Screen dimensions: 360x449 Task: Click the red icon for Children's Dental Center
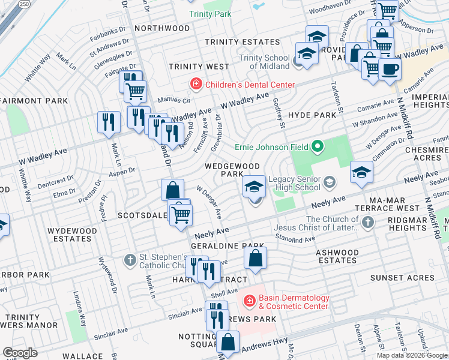click(x=195, y=85)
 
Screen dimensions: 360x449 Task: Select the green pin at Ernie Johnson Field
click(x=318, y=146)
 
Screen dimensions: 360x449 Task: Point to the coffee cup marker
click(x=389, y=69)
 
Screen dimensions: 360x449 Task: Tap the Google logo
click(x=20, y=353)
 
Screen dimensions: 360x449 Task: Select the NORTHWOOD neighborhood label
click(x=162, y=28)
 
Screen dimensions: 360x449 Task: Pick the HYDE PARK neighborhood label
click(x=312, y=115)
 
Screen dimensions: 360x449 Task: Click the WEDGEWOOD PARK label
click(x=233, y=170)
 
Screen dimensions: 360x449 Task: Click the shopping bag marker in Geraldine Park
click(x=256, y=259)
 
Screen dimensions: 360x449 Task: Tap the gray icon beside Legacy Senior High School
click(x=329, y=181)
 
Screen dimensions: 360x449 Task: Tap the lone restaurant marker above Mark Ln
click(x=109, y=122)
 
